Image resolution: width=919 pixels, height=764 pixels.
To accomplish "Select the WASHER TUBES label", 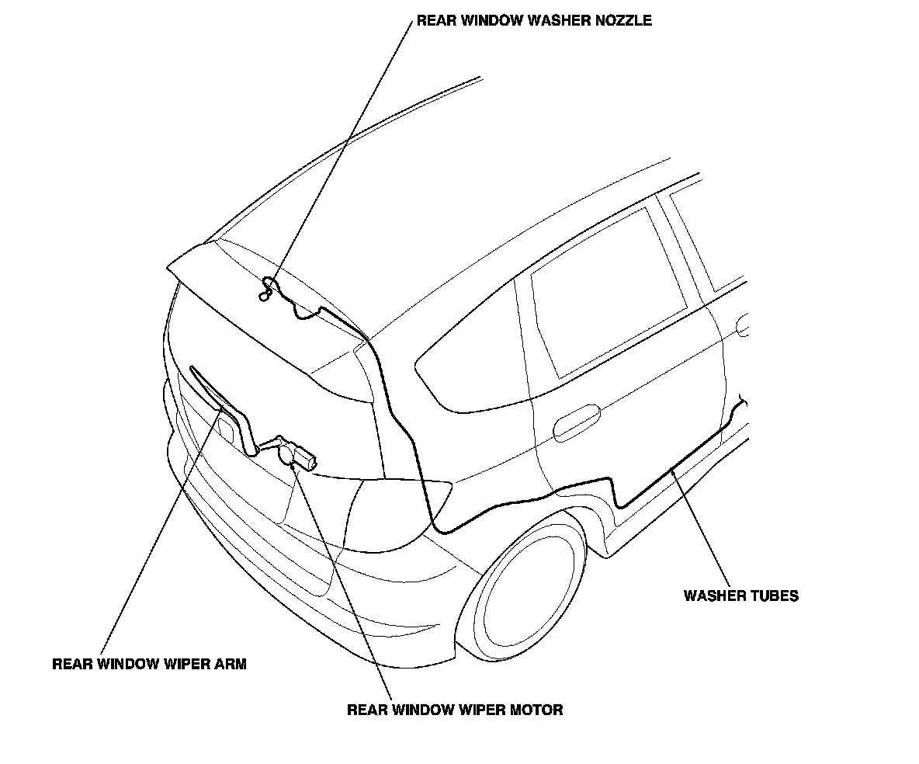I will tap(740, 596).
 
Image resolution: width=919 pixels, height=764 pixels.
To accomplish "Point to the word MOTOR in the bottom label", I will tap(535, 709).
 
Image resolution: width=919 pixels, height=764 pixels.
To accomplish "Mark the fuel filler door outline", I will tap(745, 325).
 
